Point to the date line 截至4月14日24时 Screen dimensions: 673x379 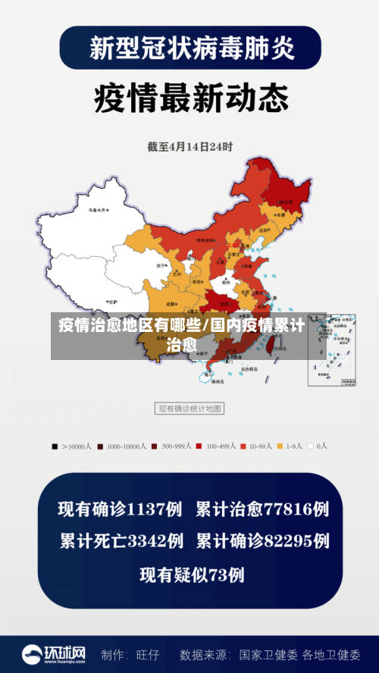coord(189,146)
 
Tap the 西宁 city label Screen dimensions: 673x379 coord(160,266)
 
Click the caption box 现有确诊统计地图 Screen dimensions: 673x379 coord(189,408)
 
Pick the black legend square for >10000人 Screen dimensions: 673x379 coord(55,446)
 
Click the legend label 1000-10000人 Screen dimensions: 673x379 coord(127,446)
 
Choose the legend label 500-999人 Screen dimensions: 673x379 coord(179,446)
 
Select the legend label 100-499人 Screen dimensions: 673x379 coord(221,446)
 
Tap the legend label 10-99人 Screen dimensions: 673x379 coord(262,446)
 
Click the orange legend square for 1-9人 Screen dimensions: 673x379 coord(280,446)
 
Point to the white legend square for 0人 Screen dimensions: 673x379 coord(311,446)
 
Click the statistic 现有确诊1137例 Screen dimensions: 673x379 coord(121,509)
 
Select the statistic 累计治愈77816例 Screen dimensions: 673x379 coord(262,509)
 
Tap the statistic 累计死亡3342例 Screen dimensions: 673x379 coord(121,542)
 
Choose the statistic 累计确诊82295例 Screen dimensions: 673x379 coord(262,542)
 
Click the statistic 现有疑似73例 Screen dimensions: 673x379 coord(192,575)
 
